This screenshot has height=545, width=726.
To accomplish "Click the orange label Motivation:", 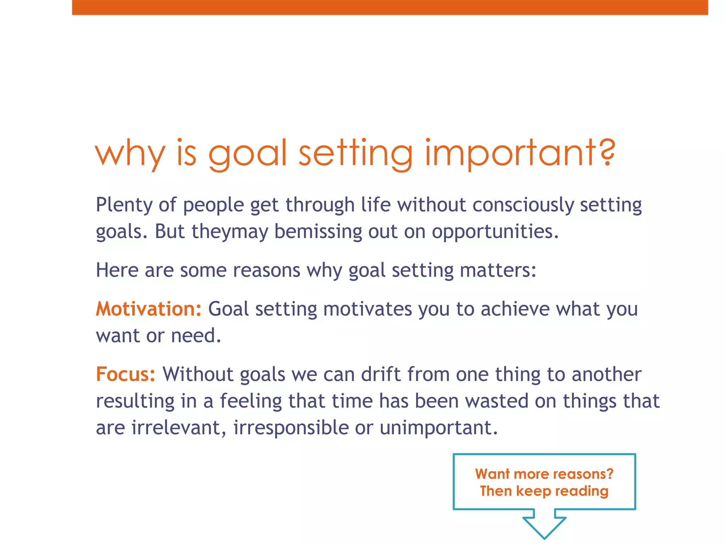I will point(149,309).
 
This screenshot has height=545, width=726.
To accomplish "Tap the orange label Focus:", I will point(125,374).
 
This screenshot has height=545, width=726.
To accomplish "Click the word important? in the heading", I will point(520,153).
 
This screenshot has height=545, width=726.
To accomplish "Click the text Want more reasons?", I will point(544,474).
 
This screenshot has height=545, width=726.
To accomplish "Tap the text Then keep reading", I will point(544,491).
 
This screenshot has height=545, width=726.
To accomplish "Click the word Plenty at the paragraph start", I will point(124,205).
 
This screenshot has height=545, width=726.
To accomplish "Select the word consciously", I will point(523,205).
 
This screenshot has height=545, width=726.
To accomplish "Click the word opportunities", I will point(495,232).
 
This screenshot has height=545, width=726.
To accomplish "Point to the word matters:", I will point(498,270).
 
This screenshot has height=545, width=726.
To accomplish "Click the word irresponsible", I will point(291,428).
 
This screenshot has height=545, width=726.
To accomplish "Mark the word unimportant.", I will point(439,428).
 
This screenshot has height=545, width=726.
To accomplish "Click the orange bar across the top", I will point(390,7).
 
